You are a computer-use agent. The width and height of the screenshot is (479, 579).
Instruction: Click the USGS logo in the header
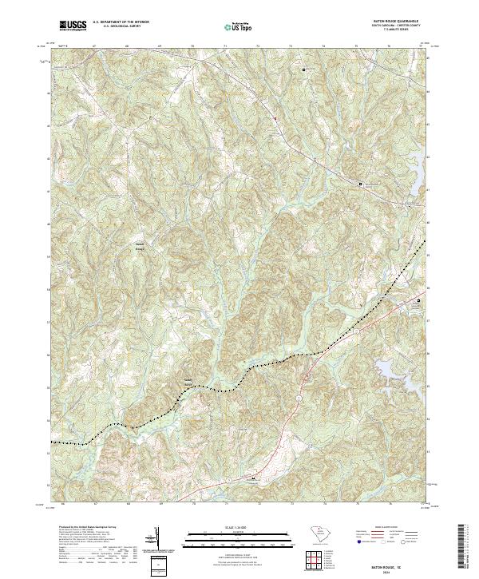pos(73,26)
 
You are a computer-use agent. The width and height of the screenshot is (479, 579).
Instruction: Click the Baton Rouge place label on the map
pos(140,247)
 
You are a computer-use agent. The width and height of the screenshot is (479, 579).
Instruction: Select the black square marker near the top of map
pos(303,70)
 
